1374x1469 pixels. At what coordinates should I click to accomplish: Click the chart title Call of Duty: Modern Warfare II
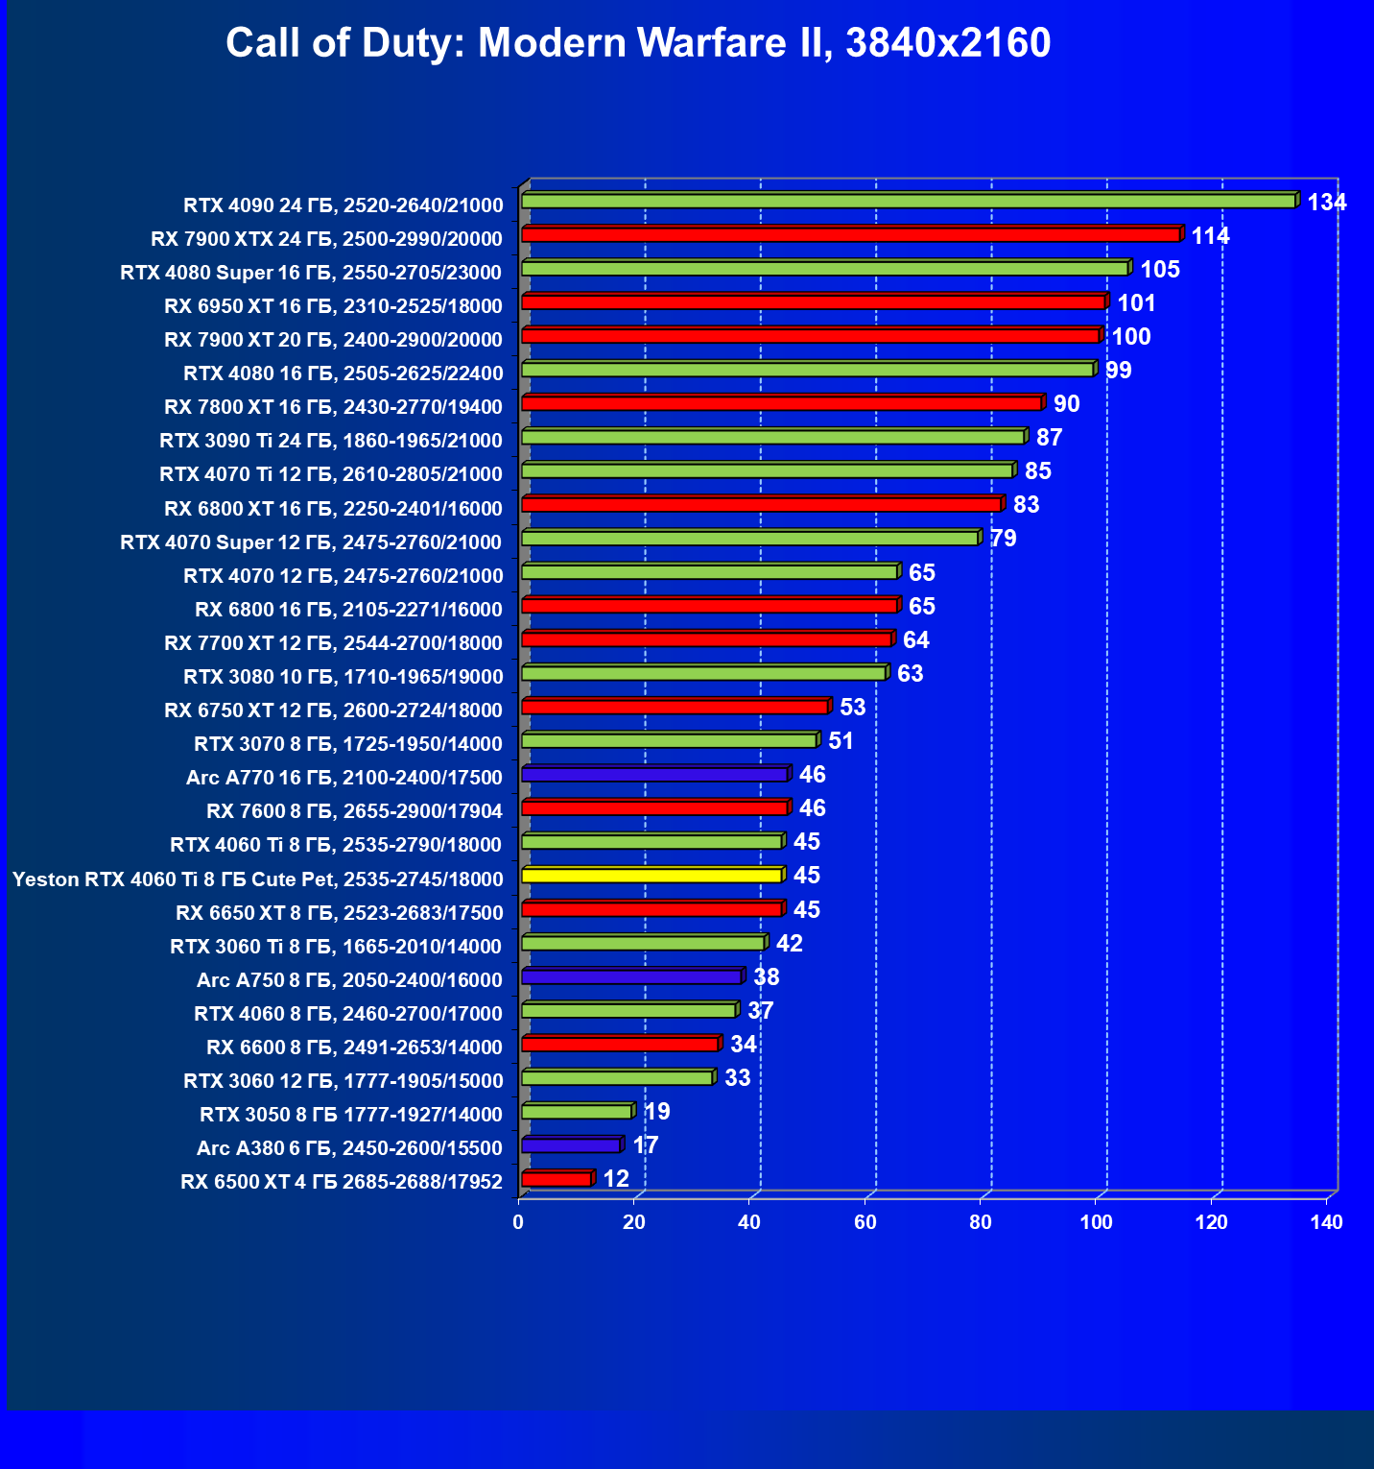[x=638, y=43]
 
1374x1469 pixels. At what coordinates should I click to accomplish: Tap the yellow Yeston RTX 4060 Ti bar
[x=651, y=876]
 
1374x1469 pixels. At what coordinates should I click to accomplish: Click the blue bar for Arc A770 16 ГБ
[x=654, y=774]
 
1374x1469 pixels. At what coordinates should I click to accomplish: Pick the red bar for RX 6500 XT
[x=557, y=1179]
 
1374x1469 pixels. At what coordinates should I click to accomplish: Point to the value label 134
[x=1327, y=203]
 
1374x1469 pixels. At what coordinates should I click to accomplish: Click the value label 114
[x=1210, y=236]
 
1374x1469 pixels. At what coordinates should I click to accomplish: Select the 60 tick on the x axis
[x=865, y=1222]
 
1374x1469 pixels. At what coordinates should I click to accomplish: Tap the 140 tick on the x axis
[x=1327, y=1222]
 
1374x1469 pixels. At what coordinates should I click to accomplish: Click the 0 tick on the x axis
[x=519, y=1222]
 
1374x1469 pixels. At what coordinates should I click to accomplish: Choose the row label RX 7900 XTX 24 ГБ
[x=326, y=239]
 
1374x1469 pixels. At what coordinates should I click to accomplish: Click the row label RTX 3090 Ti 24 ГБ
[x=331, y=441]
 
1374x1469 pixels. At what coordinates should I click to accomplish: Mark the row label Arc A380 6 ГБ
[x=349, y=1148]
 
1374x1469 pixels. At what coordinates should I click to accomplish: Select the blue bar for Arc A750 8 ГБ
[x=631, y=976]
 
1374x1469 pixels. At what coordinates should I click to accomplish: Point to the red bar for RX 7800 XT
[x=781, y=403]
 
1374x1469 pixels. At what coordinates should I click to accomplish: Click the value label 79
[x=1003, y=539]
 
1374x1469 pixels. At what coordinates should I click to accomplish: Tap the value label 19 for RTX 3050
[x=657, y=1112]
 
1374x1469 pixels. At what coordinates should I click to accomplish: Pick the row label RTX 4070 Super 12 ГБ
[x=311, y=542]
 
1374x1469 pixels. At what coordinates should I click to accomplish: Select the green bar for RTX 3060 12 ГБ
[x=617, y=1078]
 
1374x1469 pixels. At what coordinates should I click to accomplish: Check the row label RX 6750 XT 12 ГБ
[x=333, y=710]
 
